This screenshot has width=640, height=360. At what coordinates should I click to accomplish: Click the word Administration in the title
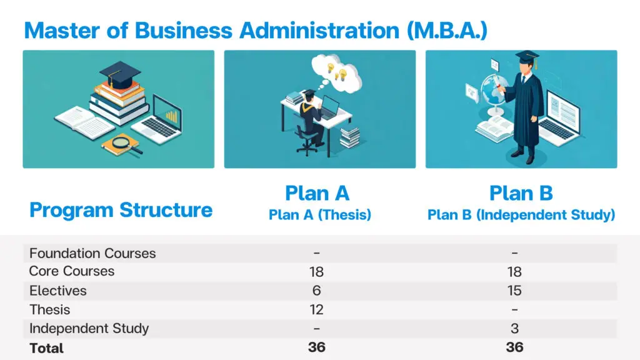click(319, 31)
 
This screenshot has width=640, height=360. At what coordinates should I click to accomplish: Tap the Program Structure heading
click(121, 210)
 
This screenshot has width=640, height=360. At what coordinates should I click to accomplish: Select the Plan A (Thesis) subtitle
click(320, 215)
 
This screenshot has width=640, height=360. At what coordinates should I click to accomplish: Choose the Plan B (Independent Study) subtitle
click(521, 215)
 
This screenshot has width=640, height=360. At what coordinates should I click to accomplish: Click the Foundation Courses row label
click(92, 254)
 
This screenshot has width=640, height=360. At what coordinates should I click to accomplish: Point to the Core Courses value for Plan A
click(317, 272)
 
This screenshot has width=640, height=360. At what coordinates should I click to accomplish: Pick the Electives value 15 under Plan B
click(514, 291)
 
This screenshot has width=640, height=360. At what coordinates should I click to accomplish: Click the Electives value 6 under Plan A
click(317, 291)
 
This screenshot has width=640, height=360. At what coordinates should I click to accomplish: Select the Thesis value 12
click(317, 310)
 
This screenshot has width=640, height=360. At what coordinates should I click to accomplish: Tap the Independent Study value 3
click(515, 329)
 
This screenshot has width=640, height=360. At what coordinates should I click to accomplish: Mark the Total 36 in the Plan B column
click(515, 347)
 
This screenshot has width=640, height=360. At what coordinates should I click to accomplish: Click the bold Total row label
click(46, 348)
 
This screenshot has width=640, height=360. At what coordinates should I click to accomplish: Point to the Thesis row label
click(50, 310)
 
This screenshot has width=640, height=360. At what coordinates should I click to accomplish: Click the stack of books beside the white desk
click(350, 137)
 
